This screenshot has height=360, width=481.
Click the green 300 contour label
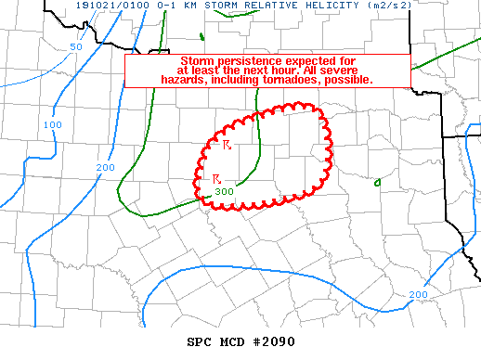tap(224, 192)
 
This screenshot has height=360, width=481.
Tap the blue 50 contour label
tap(76, 46)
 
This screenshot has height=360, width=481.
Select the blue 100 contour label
tap(53, 124)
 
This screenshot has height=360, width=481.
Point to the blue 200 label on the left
tap(104, 168)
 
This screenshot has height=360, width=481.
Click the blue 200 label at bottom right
tap(418, 294)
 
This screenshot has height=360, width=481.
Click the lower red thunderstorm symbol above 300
tap(216, 178)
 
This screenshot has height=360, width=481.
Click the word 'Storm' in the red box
tap(198, 60)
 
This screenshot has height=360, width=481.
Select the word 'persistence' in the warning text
tap(250, 60)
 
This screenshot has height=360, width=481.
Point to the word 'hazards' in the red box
tap(182, 80)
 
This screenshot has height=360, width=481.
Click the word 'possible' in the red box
tap(348, 80)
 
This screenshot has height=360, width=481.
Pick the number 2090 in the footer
tap(275, 341)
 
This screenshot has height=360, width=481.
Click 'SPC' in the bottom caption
tap(201, 341)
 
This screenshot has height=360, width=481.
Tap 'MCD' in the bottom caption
tap(233, 341)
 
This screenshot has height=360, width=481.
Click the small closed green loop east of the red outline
tap(377, 182)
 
